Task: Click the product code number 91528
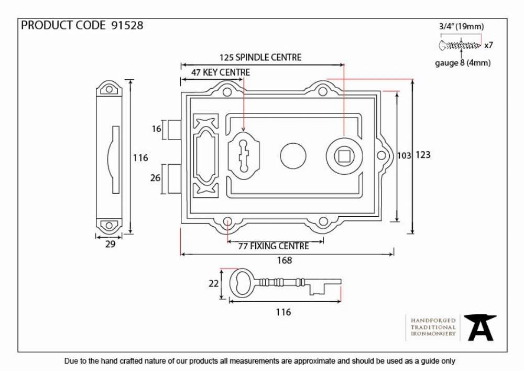click(127, 25)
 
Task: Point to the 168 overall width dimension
click(285, 260)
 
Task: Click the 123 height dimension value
click(423, 155)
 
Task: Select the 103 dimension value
click(404, 155)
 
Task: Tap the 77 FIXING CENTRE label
click(274, 246)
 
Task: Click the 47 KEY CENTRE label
click(221, 72)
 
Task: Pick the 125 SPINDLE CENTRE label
click(260, 58)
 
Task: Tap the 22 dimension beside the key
click(213, 284)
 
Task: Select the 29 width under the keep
click(110, 244)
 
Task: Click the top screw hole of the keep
click(109, 89)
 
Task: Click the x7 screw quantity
click(488, 45)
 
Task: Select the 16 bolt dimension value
click(156, 129)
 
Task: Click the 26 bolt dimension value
click(156, 178)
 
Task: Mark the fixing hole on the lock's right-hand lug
click(381, 155)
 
